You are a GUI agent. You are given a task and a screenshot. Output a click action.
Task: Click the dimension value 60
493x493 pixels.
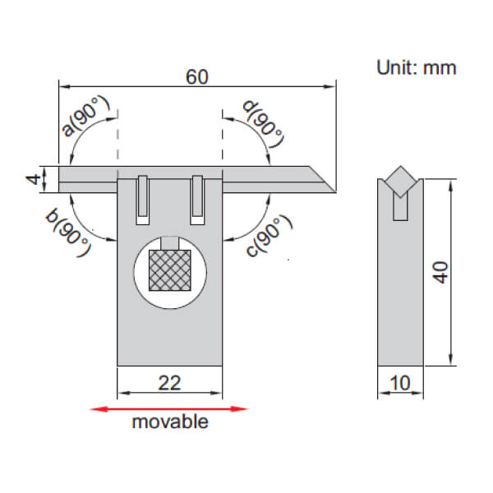click(x=196, y=76)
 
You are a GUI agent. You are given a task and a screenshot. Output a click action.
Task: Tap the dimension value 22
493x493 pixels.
click(x=169, y=382)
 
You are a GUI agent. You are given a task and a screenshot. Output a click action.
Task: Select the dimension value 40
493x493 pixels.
click(x=442, y=273)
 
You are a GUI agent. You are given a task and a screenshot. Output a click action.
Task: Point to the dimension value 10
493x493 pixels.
click(x=399, y=382)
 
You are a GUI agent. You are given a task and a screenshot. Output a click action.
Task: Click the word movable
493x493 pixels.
click(x=169, y=422)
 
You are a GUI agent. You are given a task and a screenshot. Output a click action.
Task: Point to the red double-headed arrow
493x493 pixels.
click(x=169, y=408)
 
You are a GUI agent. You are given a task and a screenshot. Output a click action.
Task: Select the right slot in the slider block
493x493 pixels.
click(x=197, y=200)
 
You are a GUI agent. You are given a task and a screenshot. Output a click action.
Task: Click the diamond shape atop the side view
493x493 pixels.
click(x=400, y=179)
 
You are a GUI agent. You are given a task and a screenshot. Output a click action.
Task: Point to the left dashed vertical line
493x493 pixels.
click(x=118, y=140)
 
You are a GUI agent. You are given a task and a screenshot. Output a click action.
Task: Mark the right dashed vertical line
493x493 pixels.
click(x=223, y=140)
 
